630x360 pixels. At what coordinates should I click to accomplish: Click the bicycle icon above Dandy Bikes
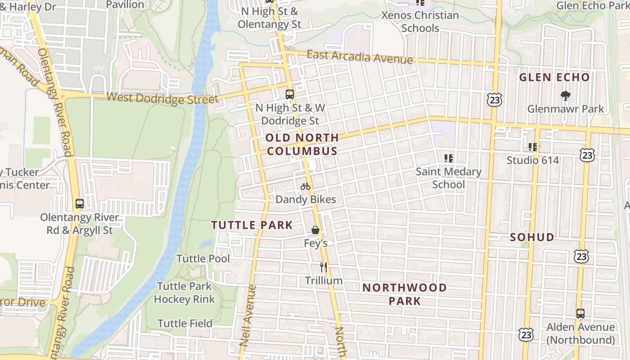(x=306, y=186)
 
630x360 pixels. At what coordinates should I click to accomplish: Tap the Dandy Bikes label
(x=306, y=199)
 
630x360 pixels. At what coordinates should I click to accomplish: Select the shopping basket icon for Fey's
(x=315, y=230)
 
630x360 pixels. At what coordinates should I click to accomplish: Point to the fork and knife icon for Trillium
(x=324, y=267)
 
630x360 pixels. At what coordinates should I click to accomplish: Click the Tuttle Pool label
(x=203, y=259)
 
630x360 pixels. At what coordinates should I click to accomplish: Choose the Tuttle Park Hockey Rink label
(x=184, y=292)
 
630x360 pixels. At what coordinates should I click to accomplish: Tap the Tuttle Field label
(x=184, y=324)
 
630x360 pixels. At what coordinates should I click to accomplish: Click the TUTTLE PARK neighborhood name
(x=252, y=225)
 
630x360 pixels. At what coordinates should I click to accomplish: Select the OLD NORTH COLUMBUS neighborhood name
(x=302, y=144)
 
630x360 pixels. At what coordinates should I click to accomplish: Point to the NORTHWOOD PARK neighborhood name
(x=405, y=294)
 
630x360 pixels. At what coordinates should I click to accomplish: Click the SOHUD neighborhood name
(x=532, y=237)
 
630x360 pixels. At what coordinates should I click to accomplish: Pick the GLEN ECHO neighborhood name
(x=554, y=77)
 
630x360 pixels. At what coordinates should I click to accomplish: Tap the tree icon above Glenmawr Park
(x=565, y=95)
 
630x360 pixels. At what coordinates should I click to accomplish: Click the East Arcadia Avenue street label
(x=360, y=57)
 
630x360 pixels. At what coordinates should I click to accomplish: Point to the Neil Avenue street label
(x=248, y=315)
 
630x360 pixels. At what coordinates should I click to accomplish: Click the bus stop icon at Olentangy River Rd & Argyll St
(x=80, y=204)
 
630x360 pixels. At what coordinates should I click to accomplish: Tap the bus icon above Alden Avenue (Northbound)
(x=580, y=314)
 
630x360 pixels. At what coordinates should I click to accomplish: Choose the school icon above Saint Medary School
(x=448, y=158)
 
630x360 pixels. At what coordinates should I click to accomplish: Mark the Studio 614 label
(x=533, y=160)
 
